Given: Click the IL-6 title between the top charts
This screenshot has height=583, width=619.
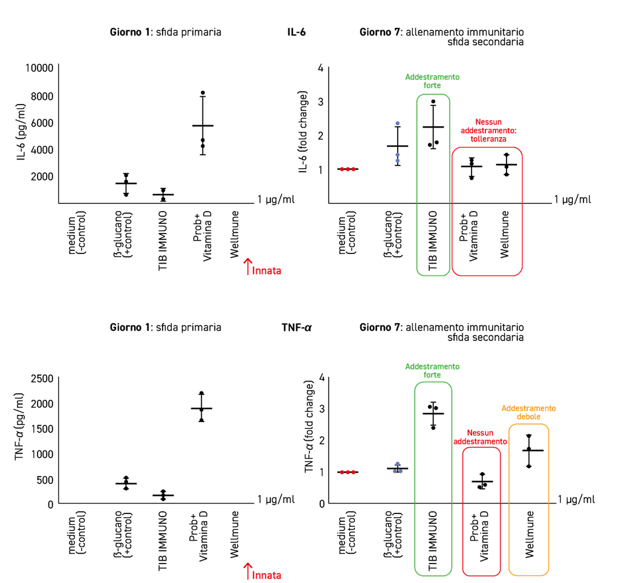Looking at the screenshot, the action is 296,33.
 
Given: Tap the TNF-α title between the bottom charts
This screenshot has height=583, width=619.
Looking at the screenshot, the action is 296,327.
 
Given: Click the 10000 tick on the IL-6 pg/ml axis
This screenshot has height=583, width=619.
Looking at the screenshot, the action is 39,68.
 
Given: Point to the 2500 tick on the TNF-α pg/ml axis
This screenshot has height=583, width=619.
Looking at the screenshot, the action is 42,379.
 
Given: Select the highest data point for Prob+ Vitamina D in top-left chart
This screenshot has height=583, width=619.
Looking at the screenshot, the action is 203,93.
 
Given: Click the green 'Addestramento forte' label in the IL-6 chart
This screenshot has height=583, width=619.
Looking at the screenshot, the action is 432,82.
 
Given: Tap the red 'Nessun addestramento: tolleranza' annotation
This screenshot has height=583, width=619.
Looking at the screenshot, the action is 488,131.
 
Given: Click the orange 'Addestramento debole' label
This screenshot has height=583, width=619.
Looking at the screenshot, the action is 528,412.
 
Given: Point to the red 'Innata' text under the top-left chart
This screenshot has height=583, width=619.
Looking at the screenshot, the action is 267,271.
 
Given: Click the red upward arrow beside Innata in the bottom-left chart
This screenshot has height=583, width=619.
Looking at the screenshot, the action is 247,572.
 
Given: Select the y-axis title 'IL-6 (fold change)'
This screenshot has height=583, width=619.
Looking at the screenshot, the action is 303,132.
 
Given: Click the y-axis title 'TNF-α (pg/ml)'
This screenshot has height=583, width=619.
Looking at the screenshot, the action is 19,426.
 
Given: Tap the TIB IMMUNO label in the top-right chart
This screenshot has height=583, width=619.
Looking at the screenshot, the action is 433,241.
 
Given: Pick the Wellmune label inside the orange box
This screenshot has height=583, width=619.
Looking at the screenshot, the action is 530,535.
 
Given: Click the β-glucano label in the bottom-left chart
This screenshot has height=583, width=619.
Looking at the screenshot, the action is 123,534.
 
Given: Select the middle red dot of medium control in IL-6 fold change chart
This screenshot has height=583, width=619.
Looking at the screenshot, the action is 348,169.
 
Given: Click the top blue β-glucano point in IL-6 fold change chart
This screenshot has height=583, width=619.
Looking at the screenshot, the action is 398,123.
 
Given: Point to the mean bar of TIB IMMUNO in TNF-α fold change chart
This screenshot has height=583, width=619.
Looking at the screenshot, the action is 433,414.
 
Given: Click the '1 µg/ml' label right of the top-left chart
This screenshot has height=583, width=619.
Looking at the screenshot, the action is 276,200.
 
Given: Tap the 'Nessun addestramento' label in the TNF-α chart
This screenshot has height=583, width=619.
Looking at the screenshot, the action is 480,437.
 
